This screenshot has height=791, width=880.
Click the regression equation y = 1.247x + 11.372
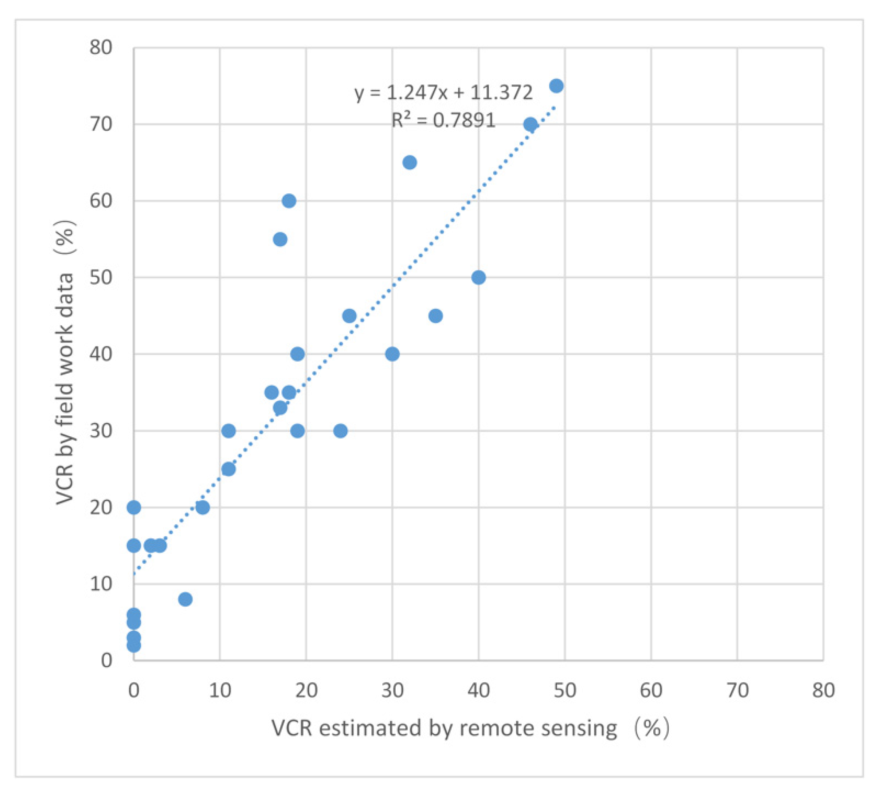443,92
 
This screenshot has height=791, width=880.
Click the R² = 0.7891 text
443,120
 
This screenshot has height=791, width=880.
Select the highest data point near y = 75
556,86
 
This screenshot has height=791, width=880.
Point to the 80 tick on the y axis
101,47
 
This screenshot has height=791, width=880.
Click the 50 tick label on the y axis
101,277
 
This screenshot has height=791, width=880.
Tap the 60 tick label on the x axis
651,690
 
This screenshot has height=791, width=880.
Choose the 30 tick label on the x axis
392,690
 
